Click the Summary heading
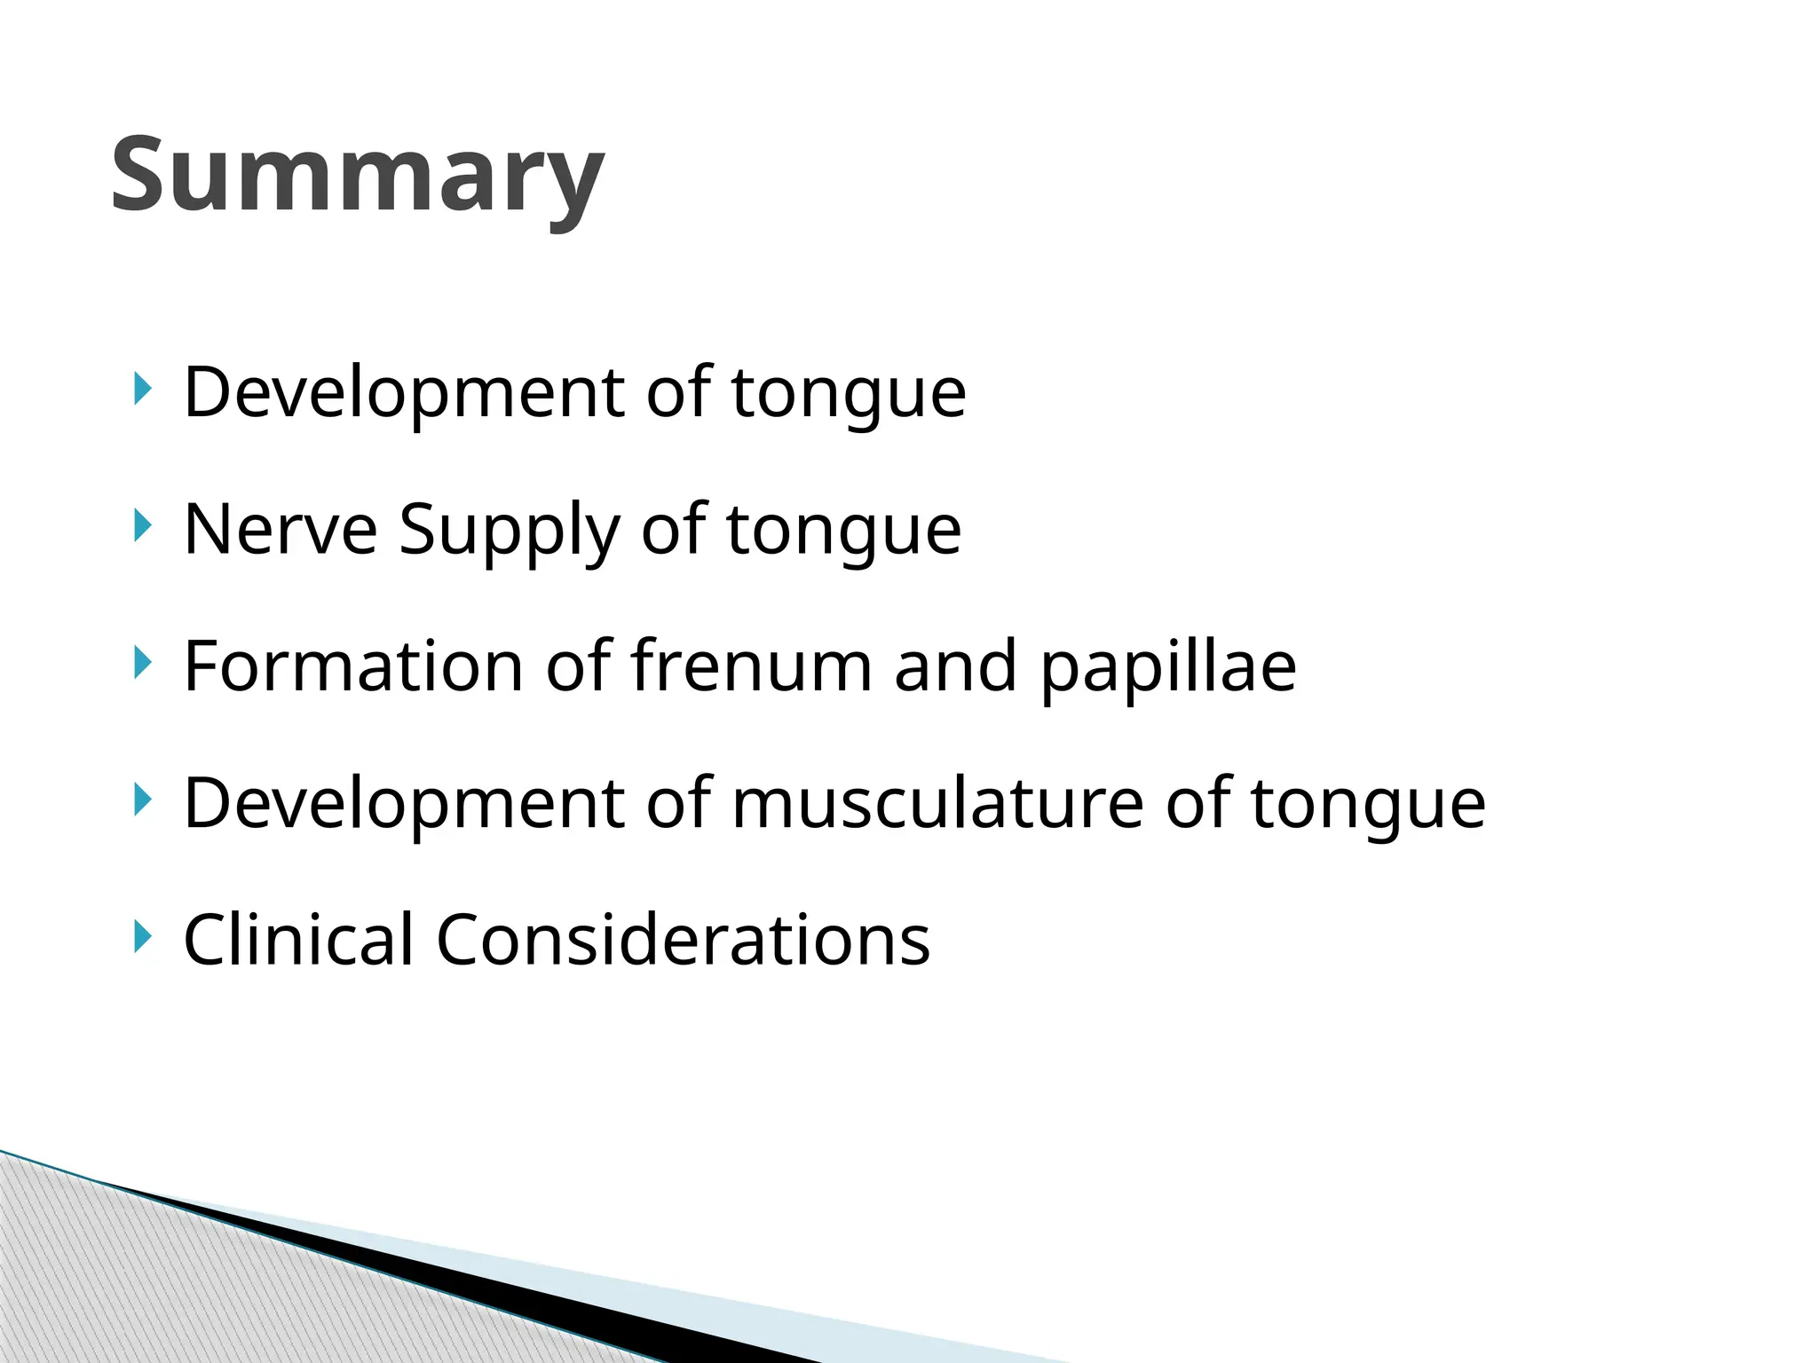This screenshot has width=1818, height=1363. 357,175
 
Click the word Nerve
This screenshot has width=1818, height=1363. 281,530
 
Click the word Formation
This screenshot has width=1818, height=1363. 353,666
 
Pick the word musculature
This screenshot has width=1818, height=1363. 937,803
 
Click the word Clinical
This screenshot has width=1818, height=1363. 298,939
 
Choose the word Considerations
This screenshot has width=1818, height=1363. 683,939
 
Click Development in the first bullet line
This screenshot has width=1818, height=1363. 404,393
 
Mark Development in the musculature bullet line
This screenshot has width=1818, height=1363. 404,804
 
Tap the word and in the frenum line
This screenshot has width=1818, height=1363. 955,666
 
